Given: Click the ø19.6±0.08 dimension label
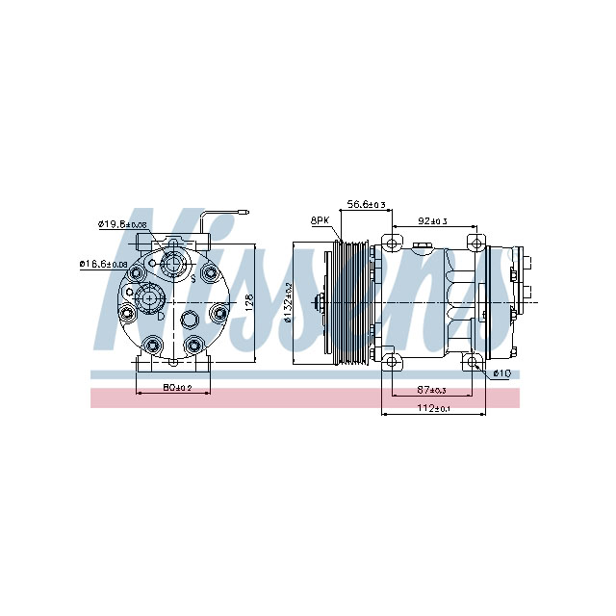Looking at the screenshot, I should tap(121, 224).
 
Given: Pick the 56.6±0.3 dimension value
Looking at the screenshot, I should tap(366, 204).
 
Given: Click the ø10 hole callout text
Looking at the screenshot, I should tap(500, 373).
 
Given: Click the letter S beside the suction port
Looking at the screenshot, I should tap(192, 277).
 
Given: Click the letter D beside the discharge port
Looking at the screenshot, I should tap(161, 315).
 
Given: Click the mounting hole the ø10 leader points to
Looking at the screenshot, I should tap(472, 362).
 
